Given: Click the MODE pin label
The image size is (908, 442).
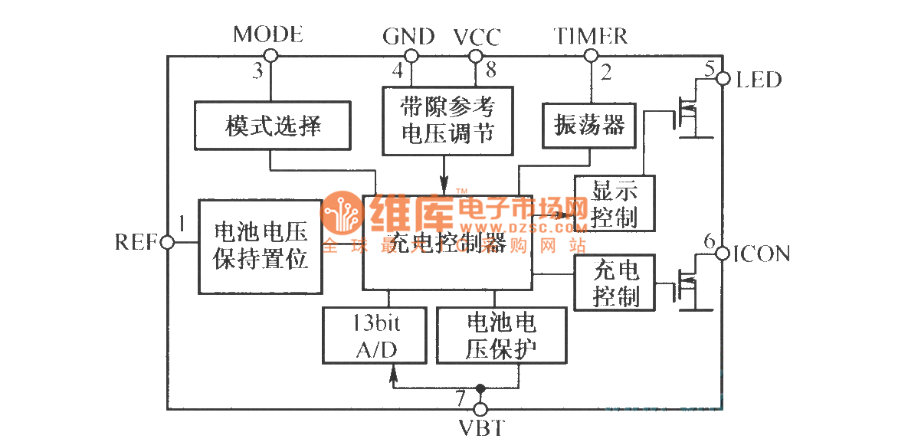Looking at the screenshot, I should point(267,34).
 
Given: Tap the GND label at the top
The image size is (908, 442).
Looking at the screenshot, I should point(408,36).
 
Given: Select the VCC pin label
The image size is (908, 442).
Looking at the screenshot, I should point(477,37).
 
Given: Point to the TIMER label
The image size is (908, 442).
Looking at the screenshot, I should point(591,35).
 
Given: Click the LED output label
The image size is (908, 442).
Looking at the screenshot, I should point(758,79).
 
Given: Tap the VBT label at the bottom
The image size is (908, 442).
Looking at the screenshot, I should point(480,427).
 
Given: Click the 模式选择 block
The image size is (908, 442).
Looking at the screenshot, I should point(273,126).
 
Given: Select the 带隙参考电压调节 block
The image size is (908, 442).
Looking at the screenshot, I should point(447,119).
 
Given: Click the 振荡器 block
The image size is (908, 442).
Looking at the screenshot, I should point(588,125).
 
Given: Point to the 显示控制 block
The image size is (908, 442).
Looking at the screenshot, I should point(615,203).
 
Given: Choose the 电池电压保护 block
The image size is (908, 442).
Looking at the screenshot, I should point(501,335).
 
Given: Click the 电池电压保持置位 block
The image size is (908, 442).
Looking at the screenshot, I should point(261,246).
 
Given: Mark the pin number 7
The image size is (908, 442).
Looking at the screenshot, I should point(460,398).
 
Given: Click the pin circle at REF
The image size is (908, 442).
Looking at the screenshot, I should point(167,242).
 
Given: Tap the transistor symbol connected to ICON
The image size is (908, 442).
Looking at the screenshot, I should point(689,288).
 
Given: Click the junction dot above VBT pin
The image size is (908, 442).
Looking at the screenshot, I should point(480,387).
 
